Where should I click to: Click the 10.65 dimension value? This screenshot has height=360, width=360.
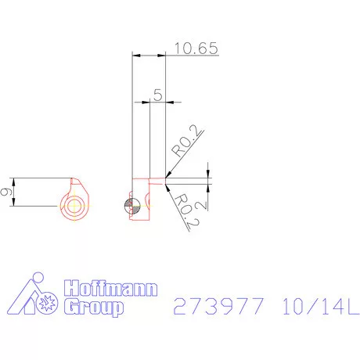point(196,49)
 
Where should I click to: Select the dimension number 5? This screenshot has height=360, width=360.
point(158,95)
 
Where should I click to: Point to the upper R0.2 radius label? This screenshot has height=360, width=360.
point(186,141)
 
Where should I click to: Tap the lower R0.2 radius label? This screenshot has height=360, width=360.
point(186,211)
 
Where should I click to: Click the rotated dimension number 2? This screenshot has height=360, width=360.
point(202,206)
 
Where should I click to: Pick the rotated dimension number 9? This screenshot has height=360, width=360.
point(6,192)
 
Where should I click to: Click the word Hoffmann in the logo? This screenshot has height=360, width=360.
point(110,288)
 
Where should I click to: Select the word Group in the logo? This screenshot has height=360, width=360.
point(93,307)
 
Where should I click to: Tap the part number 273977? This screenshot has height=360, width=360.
point(218,306)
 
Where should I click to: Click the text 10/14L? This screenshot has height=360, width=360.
point(321,306)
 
